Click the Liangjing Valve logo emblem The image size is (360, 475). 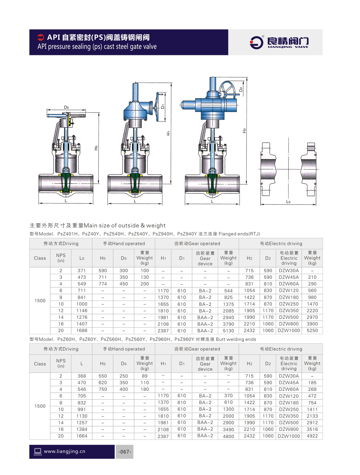256,43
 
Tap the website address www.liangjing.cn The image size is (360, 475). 64,451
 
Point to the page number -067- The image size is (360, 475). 125,452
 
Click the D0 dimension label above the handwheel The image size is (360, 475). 66,107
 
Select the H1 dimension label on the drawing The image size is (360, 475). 168,133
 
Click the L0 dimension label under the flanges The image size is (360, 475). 288,201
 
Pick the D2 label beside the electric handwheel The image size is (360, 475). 241,89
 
